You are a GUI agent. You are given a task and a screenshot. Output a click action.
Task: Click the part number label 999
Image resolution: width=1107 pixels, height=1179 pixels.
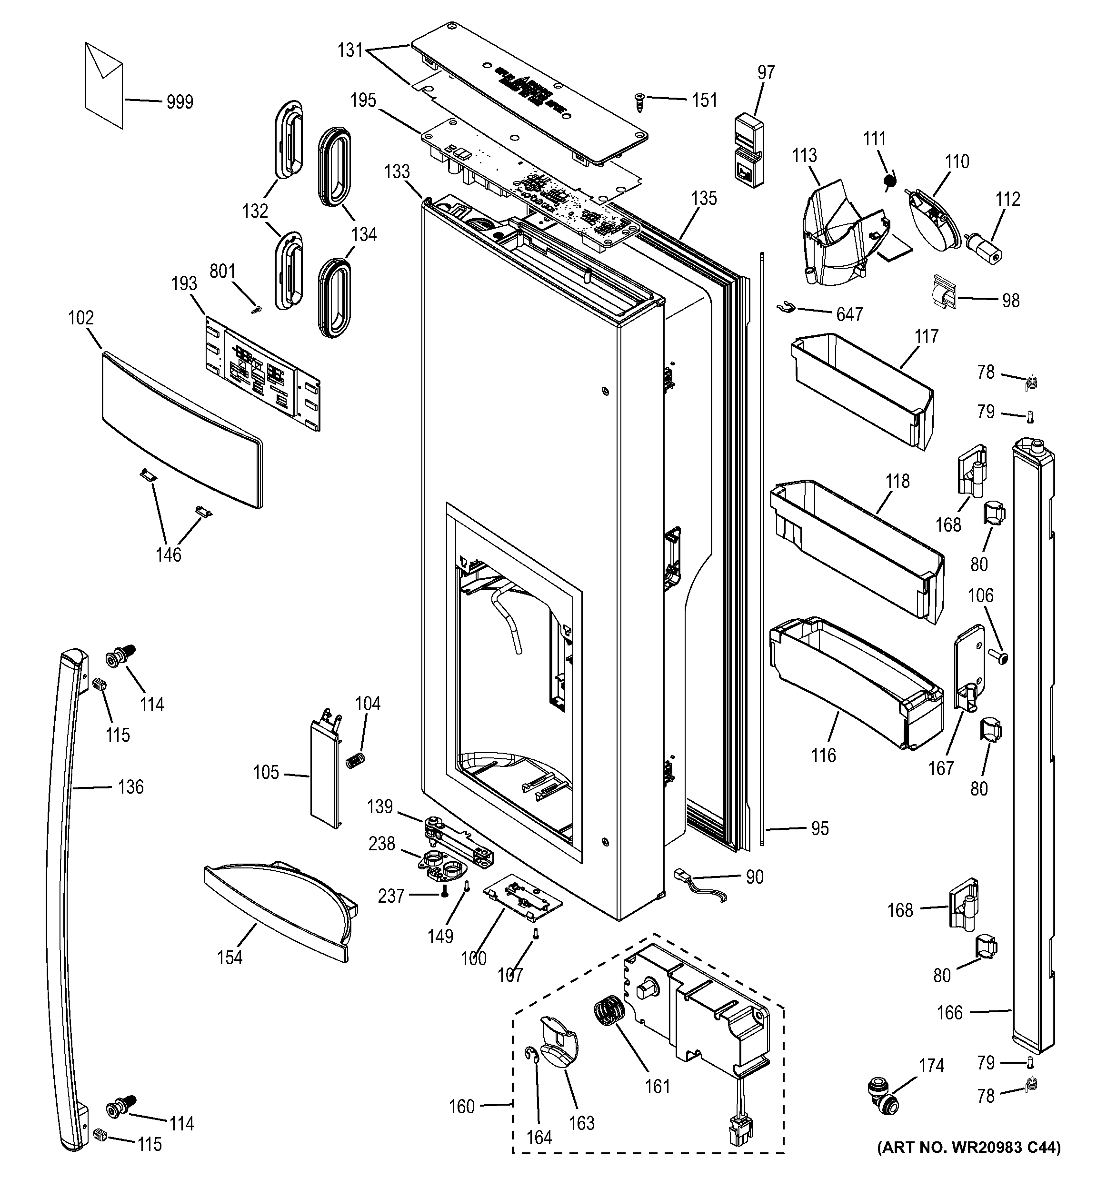click(x=180, y=102)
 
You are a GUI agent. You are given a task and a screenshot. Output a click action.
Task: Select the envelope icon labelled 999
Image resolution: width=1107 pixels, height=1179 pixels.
click(x=104, y=84)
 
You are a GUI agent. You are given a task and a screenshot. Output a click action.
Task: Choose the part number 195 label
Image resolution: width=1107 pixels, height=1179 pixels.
click(x=363, y=101)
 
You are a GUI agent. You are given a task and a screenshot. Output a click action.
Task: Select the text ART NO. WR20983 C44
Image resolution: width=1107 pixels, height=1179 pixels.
click(x=968, y=1164)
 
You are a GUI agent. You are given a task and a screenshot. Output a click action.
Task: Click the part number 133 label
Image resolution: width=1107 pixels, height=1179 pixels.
click(x=397, y=171)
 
